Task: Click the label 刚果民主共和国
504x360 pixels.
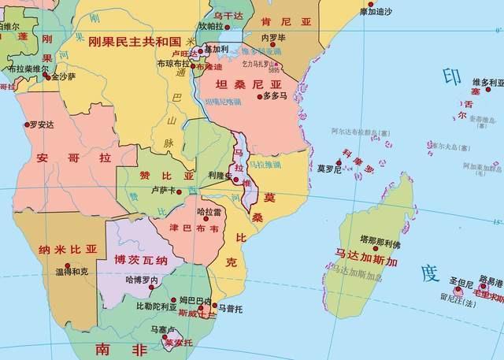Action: point(135,42)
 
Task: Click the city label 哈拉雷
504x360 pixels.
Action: point(209,212)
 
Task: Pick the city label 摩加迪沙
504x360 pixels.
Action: point(374,12)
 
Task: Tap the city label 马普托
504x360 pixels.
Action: point(230,308)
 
